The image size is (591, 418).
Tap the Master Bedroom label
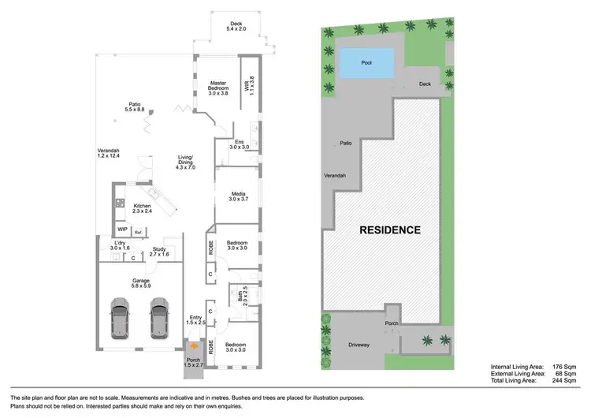[217, 88]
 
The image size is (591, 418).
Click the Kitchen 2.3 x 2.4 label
[143, 209]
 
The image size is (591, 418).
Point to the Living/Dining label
[186, 164]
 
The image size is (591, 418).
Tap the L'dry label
[121, 245]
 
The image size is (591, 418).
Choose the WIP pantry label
[123, 231]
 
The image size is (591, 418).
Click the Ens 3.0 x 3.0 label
[239, 144]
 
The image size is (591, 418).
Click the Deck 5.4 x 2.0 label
[236, 26]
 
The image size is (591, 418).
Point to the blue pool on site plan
[366, 62]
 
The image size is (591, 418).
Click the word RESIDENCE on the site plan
[390, 230]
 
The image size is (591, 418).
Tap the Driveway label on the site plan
[363, 345]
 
